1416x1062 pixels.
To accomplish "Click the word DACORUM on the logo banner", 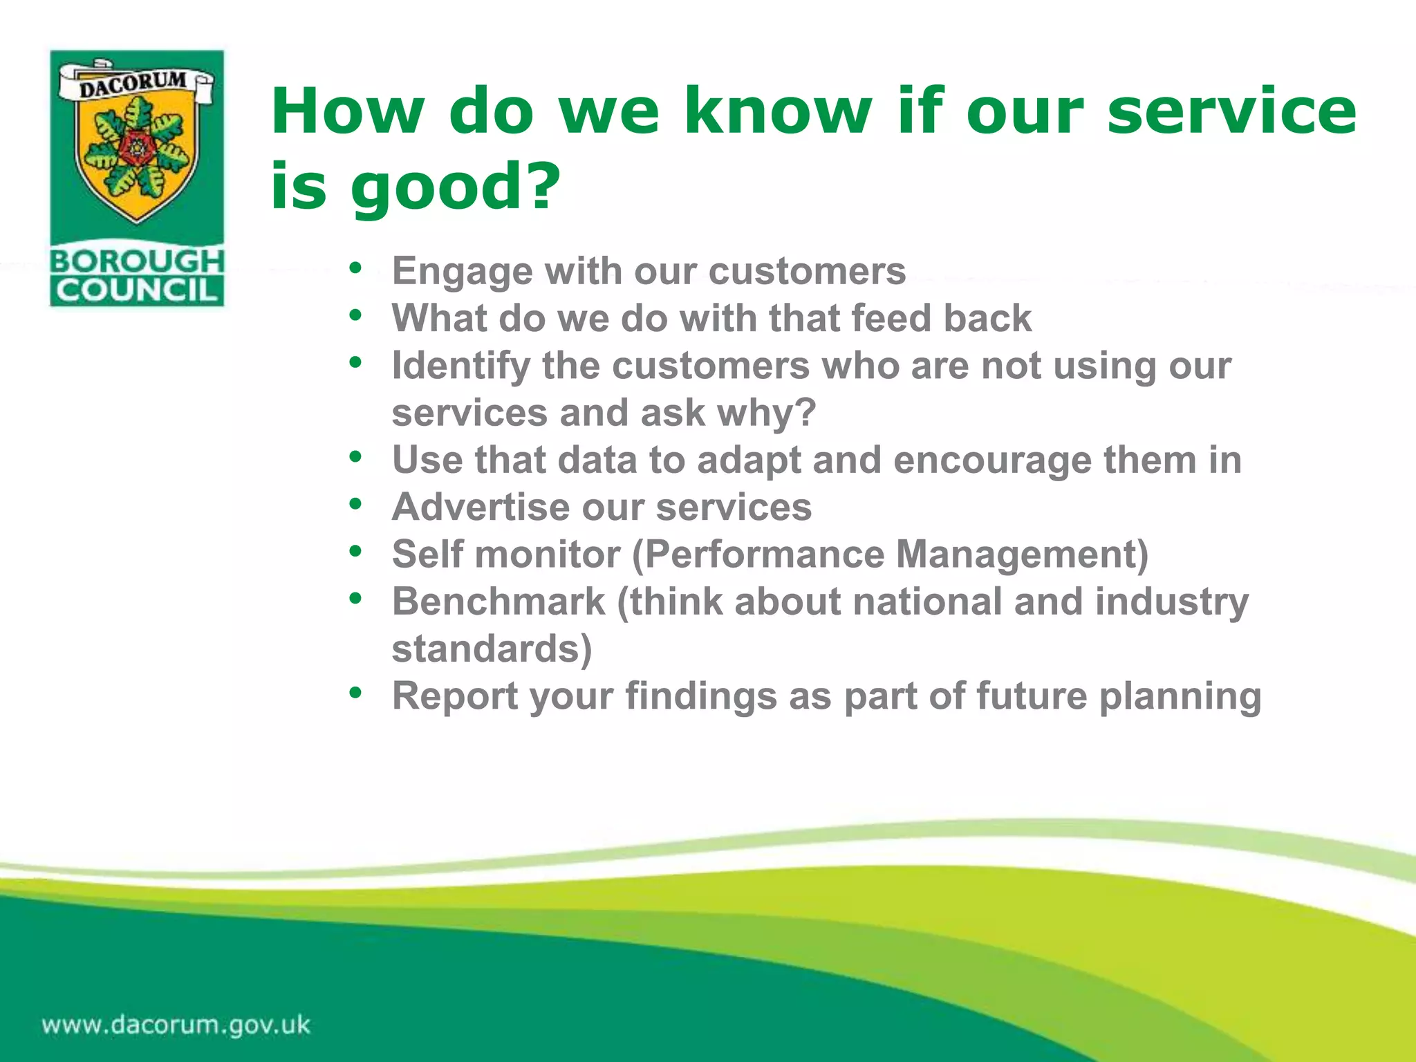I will tap(133, 84).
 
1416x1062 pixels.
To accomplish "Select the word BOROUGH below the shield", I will tap(137, 261).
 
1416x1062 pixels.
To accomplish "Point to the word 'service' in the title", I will tap(1231, 112).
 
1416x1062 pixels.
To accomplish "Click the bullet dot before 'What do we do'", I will tap(355, 315).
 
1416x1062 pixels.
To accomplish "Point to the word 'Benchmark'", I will tap(499, 602).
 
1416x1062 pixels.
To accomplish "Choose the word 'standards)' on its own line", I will tap(492, 649).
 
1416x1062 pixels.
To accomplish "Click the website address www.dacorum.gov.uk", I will tap(176, 1025).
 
